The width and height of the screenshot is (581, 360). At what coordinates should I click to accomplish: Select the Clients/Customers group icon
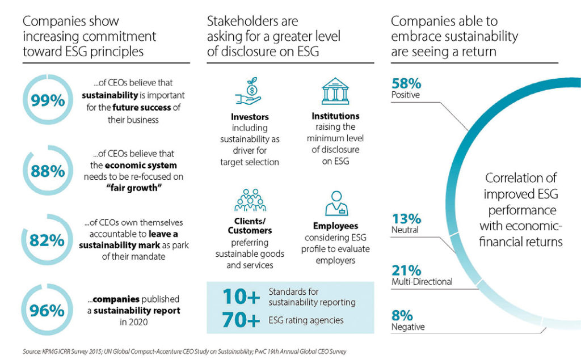tap(250, 200)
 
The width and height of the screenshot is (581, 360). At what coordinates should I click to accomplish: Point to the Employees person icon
tap(335, 202)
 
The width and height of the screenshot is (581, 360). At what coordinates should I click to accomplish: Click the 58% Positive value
tap(406, 83)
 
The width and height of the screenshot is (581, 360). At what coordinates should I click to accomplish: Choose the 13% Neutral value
tap(406, 218)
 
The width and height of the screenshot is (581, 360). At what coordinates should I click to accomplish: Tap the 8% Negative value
tap(402, 315)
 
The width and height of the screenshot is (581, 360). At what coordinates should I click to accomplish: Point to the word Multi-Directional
tap(422, 282)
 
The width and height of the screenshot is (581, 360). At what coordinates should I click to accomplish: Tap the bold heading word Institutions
tap(335, 116)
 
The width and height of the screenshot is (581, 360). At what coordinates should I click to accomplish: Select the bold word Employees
tap(335, 226)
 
